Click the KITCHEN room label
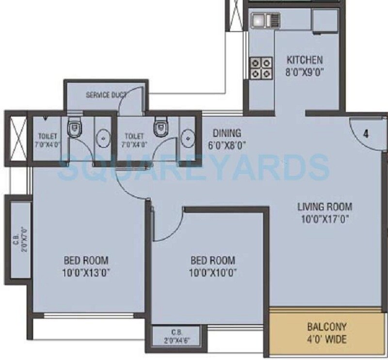[x=305, y=61]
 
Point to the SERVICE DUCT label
[x=105, y=95]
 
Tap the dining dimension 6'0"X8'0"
[x=227, y=144]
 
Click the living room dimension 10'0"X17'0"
[x=324, y=218]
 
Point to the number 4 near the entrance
[x=366, y=134]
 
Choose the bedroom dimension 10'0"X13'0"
[x=85, y=272]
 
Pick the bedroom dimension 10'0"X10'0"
[x=213, y=272]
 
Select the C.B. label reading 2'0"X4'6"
[x=177, y=336]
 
